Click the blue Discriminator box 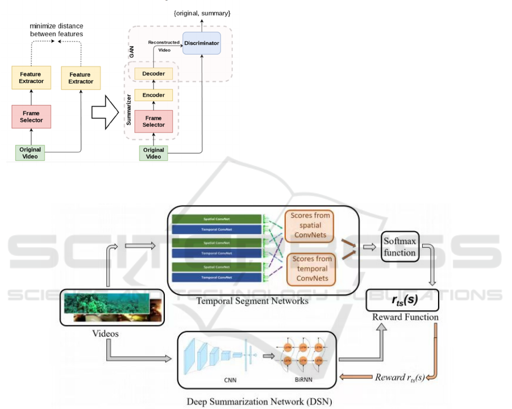click(201, 43)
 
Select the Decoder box click(153, 73)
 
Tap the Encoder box click(153, 95)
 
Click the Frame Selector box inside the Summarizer click(153, 121)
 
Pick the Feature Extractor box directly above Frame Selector click(31, 78)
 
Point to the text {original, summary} click(202, 12)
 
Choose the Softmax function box click(400, 247)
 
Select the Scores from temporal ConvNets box click(311, 269)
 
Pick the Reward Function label click(405, 317)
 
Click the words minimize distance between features click(56, 30)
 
